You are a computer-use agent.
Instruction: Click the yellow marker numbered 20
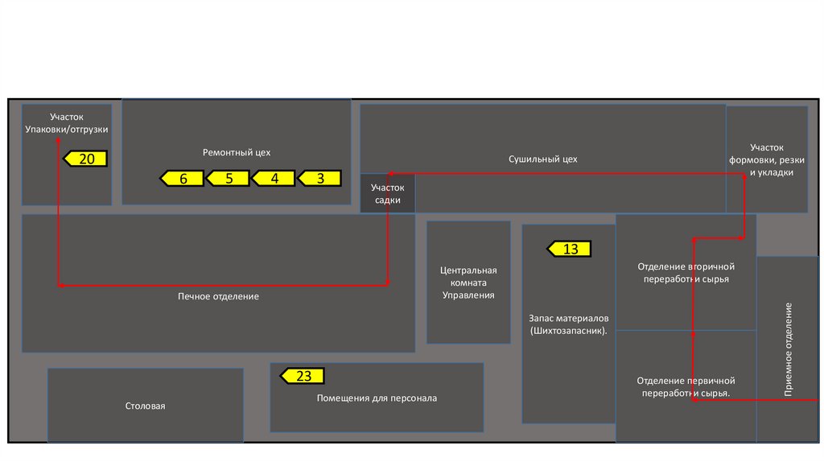pos(85,159)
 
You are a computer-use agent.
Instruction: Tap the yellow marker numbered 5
pos(228,179)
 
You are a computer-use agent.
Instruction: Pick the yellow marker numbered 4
pos(274,179)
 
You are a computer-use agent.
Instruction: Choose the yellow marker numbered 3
pos(319,179)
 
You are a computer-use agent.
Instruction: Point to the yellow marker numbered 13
pos(570,249)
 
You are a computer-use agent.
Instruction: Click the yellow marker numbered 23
pos(303,376)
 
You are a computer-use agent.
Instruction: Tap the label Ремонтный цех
pos(237,151)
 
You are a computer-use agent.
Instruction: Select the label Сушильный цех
pos(542,159)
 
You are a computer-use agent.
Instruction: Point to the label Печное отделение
pos(218,296)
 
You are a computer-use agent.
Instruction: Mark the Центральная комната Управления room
pos(468,283)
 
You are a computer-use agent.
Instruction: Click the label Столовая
pos(145,406)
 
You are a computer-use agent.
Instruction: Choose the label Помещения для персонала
pos(377,398)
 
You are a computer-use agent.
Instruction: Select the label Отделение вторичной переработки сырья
pos(686,272)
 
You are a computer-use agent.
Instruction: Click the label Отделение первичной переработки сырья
pos(686,386)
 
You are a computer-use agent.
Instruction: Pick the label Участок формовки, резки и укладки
pos(766,159)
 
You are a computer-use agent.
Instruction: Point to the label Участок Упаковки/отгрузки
pos(66,123)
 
